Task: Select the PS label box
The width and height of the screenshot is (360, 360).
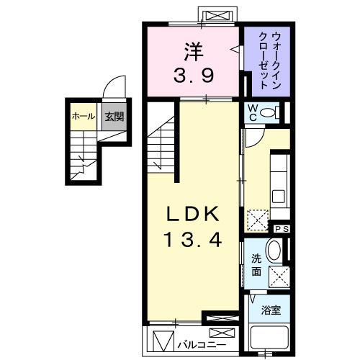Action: [x=280, y=228]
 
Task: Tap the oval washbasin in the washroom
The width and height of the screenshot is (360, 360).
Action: [x=274, y=252]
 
